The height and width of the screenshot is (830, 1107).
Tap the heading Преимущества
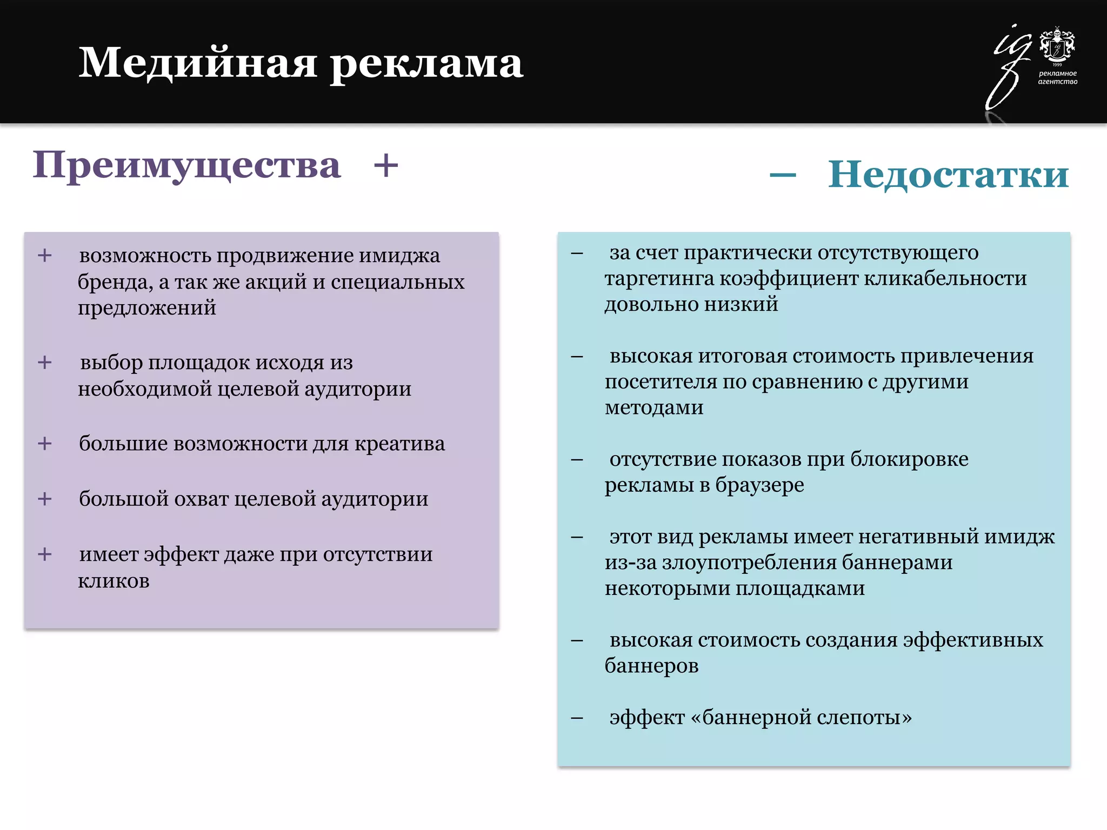[x=186, y=165]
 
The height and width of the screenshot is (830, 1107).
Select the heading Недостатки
[x=948, y=175]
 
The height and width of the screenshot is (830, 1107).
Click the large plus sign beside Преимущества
[x=386, y=165]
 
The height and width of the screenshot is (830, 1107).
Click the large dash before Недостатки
[x=783, y=175]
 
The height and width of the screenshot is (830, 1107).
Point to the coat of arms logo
[x=1057, y=45]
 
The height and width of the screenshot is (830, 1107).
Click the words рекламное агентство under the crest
[x=1057, y=77]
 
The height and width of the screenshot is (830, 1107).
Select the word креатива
[x=399, y=444]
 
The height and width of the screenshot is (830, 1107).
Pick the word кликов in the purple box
[x=114, y=581]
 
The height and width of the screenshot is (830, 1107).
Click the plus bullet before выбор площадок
[x=45, y=363]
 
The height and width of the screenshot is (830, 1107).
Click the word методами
[x=654, y=407]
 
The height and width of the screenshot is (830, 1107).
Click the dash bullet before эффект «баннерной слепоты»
[x=577, y=718]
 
